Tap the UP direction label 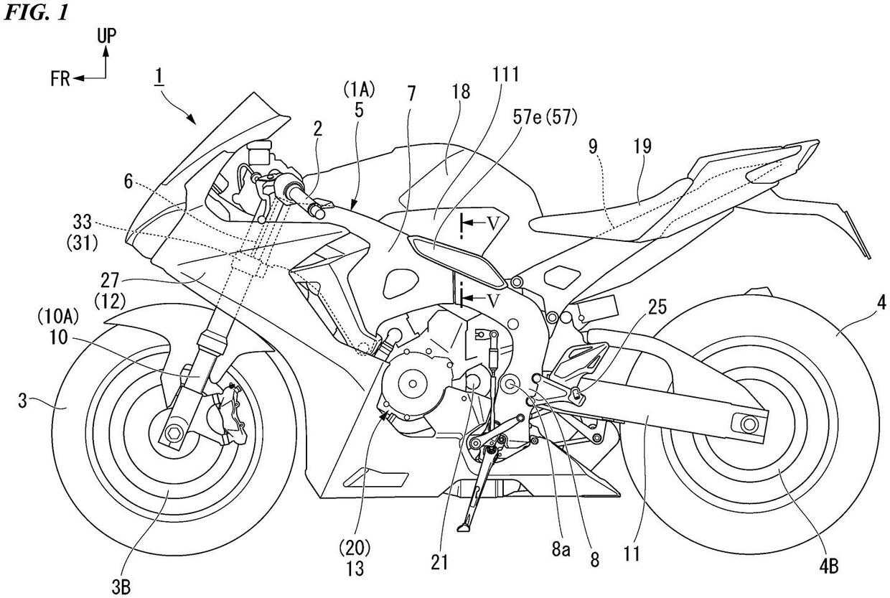106,35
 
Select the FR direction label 60,79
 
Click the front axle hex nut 172,433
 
